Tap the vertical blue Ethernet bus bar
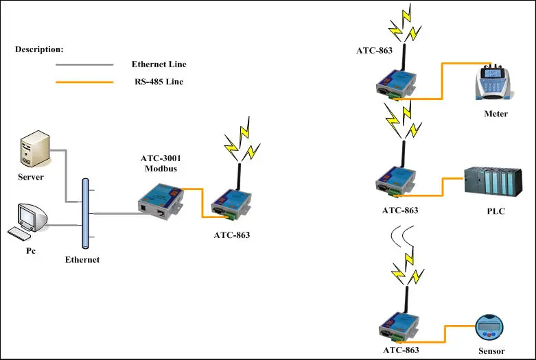click(x=85, y=213)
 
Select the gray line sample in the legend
click(x=84, y=65)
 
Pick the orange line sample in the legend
click(x=84, y=82)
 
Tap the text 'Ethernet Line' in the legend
click(x=159, y=64)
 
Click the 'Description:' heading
click(x=39, y=49)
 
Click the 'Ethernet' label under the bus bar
click(x=82, y=260)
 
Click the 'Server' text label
click(x=31, y=177)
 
